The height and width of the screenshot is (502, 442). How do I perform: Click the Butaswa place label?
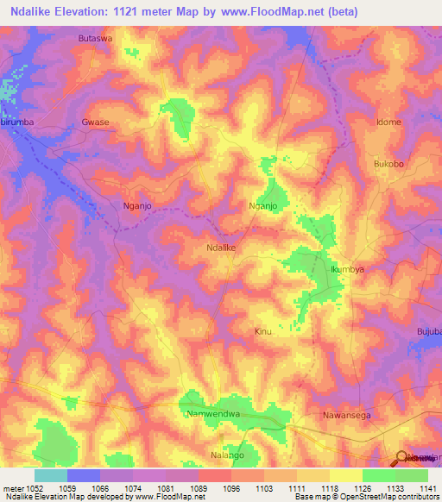click(95, 39)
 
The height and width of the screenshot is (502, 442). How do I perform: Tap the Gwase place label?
click(95, 122)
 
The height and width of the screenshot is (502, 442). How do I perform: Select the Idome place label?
click(389, 122)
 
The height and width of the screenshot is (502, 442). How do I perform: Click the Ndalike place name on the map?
click(222, 248)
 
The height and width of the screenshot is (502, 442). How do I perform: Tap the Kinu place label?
click(263, 331)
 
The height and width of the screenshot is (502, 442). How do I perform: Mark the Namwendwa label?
click(212, 414)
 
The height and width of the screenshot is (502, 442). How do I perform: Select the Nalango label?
click(228, 455)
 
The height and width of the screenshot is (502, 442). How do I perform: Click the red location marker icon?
click(401, 457)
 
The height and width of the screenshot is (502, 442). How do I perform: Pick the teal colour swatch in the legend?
click(50, 475)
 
